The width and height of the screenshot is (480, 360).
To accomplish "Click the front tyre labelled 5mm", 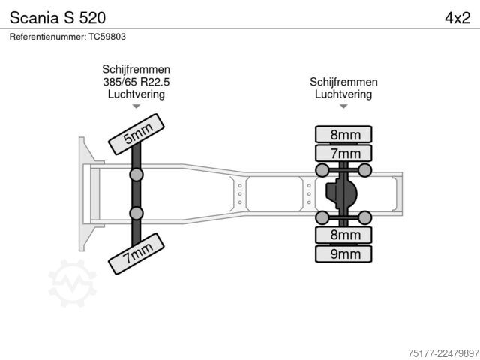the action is click(136, 134).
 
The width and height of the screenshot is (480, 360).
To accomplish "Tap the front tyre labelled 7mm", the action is click(136, 253).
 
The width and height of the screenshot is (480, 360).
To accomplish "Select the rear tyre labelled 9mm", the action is click(343, 253).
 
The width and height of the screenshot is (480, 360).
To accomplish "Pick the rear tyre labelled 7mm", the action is click(343, 153).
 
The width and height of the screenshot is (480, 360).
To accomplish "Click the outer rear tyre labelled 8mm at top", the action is click(343, 134).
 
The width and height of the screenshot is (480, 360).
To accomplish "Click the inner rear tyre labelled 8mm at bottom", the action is click(343, 235).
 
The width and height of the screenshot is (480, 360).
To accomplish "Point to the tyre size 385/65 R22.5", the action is click(136, 82).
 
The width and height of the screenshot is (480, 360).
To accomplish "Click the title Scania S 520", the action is click(58, 18).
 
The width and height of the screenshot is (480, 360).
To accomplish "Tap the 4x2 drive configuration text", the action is click(457, 18).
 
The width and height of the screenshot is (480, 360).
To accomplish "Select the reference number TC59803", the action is click(107, 37).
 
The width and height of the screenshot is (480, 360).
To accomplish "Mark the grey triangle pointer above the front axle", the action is click(136, 106).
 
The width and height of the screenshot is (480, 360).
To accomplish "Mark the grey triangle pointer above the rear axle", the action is click(343, 106).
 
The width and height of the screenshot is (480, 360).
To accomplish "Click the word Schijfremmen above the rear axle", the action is click(343, 82).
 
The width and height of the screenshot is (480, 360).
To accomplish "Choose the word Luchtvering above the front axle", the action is click(136, 94).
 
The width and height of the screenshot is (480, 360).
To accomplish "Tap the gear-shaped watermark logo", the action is click(73, 283).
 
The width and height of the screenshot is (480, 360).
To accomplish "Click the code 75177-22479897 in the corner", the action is click(443, 353).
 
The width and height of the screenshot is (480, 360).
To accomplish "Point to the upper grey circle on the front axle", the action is click(136, 175).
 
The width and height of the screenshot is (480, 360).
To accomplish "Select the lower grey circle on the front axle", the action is click(136, 213).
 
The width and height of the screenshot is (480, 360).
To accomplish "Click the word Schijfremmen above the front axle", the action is click(136, 70).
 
